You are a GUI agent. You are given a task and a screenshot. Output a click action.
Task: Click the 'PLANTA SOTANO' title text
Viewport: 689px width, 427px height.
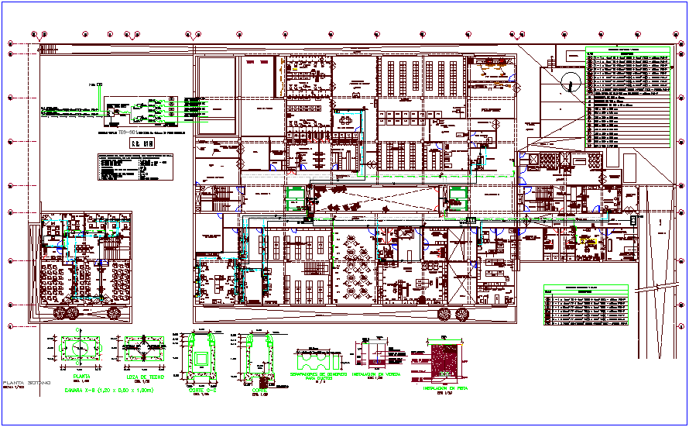point(26,384)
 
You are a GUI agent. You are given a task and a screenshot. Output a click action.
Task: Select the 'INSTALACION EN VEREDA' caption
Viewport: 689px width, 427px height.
point(378,374)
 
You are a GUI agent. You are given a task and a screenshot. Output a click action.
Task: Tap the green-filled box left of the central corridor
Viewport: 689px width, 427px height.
point(295,198)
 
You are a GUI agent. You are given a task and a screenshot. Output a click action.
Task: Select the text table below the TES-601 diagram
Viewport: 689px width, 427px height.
point(135,167)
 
